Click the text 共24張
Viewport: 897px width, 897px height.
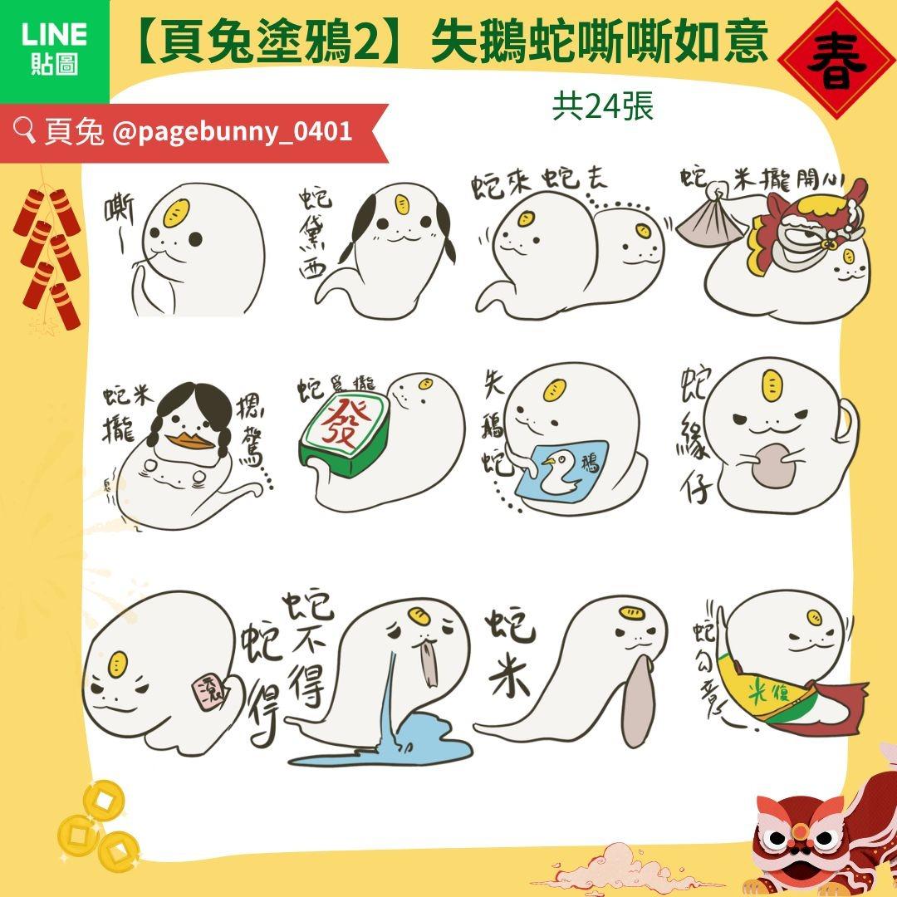[603, 106]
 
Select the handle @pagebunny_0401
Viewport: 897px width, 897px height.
[231, 131]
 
